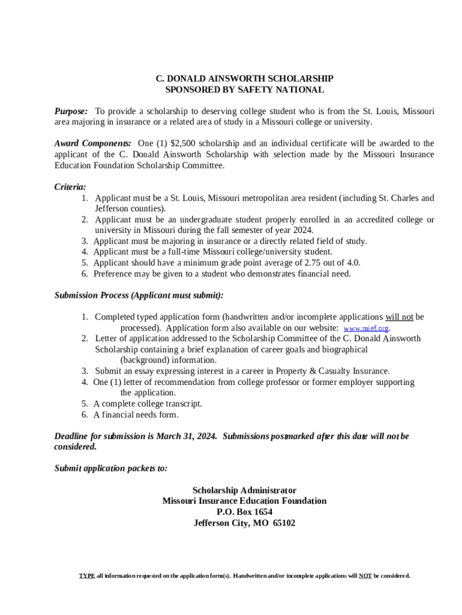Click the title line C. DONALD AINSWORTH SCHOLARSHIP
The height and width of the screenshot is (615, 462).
pos(245,79)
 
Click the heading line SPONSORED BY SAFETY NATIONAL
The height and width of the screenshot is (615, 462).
pos(245,90)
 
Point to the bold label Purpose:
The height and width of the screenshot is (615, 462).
pos(71,111)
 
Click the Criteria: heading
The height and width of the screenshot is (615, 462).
pos(70,187)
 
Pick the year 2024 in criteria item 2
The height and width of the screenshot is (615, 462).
pos(303,230)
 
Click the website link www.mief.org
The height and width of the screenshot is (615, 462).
pos(366,329)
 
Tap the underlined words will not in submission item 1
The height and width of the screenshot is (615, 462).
pos(399,317)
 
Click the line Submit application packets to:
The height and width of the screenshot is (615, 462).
pos(111,468)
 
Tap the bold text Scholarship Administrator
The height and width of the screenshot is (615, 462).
pos(244,491)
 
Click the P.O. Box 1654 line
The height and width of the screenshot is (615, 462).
pos(244,512)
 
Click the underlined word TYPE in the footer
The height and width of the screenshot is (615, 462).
pos(87,576)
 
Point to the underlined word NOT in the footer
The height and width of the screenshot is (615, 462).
pos(365,576)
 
